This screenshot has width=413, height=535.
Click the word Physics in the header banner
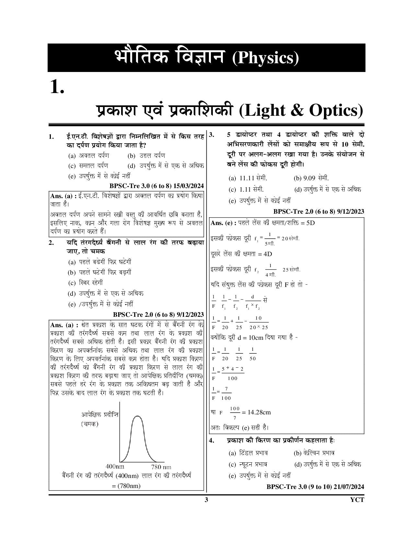(265, 58)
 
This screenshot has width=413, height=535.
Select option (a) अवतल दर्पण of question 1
(89, 155)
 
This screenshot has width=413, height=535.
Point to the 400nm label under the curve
(115, 467)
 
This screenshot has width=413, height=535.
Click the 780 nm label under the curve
(161, 467)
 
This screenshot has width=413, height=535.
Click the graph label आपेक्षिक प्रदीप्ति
(100, 414)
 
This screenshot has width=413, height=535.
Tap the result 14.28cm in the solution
(259, 412)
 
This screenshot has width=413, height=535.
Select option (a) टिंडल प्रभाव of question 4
(248, 453)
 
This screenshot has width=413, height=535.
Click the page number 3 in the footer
(206, 500)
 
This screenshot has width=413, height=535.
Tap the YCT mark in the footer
(357, 500)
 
